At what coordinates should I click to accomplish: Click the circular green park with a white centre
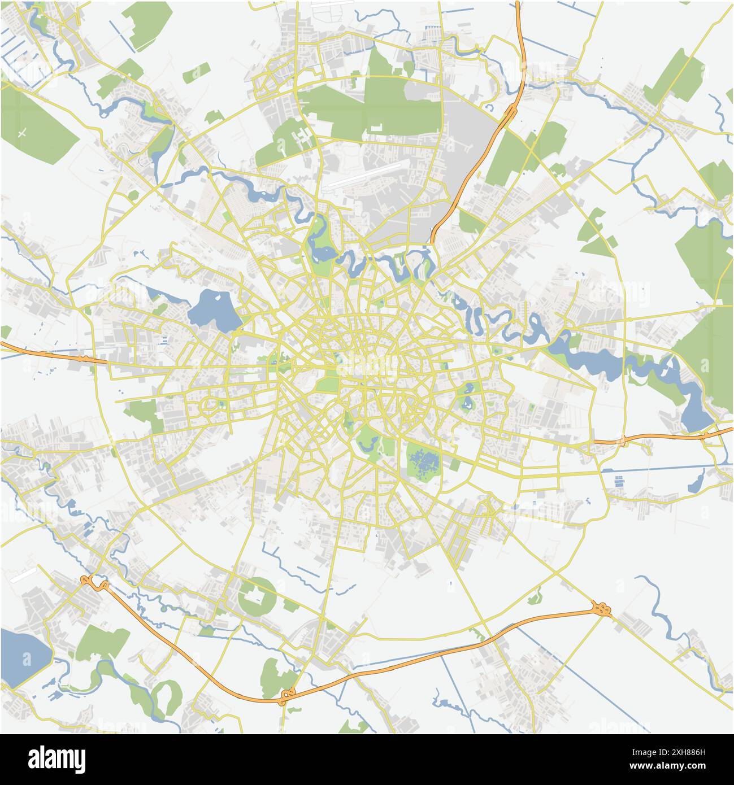pos(257,596)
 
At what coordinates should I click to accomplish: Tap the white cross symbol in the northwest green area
pos(22,133)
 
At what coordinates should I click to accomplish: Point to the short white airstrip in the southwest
pos(23,575)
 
